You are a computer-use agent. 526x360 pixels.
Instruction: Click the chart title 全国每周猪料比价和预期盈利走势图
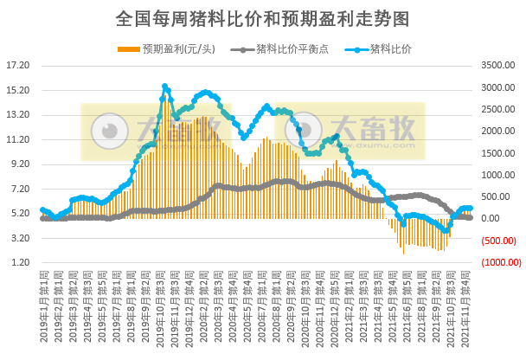[262, 17]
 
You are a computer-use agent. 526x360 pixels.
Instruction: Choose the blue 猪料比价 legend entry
[390, 48]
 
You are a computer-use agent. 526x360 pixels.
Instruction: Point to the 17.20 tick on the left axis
[18, 65]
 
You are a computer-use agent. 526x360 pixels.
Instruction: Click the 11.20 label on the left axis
[18, 139]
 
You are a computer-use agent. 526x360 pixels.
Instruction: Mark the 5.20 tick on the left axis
[18, 214]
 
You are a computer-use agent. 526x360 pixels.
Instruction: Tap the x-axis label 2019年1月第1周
[42, 307]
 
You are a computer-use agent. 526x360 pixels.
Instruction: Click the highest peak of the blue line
[164, 87]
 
